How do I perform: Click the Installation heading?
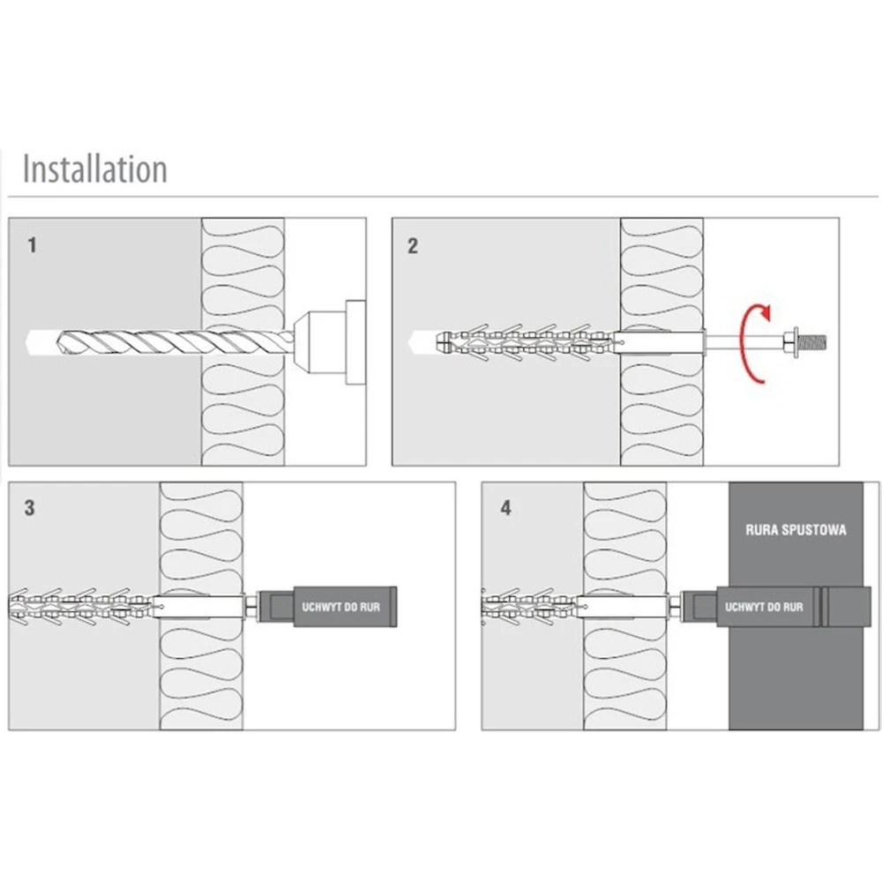(x=94, y=168)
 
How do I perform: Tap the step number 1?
(x=33, y=245)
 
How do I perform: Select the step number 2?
(x=413, y=246)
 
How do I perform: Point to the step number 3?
(x=30, y=508)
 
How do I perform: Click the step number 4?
(x=505, y=509)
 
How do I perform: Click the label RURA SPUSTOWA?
(x=796, y=530)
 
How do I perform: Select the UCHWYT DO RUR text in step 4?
(x=764, y=607)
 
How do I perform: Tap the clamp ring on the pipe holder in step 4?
(x=819, y=607)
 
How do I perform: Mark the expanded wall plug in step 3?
(x=84, y=606)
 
